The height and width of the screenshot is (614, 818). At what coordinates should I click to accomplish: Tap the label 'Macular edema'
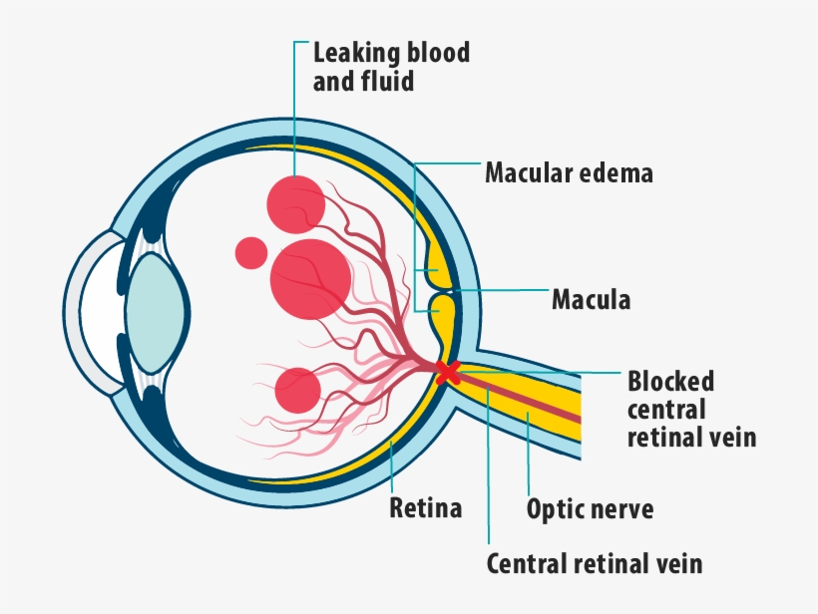click(x=569, y=173)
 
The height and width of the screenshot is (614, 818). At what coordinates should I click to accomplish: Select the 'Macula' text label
click(x=591, y=299)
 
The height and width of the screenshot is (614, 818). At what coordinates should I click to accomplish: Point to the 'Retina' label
click(x=426, y=508)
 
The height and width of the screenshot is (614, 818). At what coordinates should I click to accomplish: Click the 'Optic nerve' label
click(x=590, y=509)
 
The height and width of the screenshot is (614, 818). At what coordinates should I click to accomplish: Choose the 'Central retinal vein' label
click(x=594, y=564)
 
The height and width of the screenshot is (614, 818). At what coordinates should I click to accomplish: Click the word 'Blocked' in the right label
click(x=670, y=382)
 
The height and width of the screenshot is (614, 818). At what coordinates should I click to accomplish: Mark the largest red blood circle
click(x=310, y=278)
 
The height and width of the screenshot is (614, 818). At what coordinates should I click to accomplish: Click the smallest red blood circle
click(x=251, y=252)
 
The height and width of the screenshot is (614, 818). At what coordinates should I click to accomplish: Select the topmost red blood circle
click(x=295, y=201)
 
